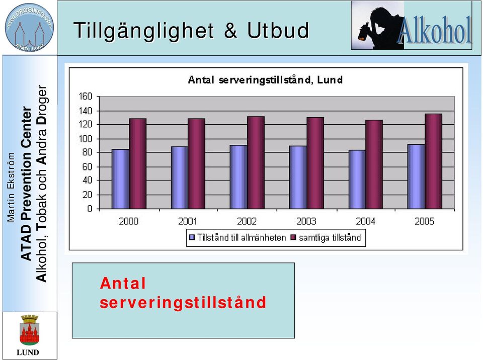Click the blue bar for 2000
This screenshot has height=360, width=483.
click(120, 179)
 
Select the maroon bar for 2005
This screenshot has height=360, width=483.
click(433, 161)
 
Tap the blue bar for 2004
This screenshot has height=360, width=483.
click(357, 179)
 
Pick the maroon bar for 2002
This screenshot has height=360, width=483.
click(256, 162)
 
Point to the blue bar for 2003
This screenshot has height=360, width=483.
click(298, 177)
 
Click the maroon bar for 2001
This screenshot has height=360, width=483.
click(197, 164)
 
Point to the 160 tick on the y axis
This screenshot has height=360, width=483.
click(86, 97)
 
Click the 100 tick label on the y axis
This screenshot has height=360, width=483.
click(86, 139)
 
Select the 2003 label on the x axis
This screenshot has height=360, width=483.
click(306, 221)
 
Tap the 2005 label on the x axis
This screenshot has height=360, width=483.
click(424, 221)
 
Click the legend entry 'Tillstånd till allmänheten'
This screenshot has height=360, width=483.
click(237, 237)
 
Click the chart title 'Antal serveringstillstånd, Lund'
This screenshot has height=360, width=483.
click(265, 80)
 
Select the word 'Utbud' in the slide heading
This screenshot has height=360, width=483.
click(278, 30)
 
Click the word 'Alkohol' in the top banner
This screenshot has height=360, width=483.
click(435, 30)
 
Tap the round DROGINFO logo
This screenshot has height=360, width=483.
click(29, 28)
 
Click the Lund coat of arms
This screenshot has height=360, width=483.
click(29, 330)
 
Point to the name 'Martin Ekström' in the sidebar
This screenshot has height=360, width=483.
click(11, 187)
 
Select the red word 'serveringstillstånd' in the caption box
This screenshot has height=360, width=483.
click(183, 302)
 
